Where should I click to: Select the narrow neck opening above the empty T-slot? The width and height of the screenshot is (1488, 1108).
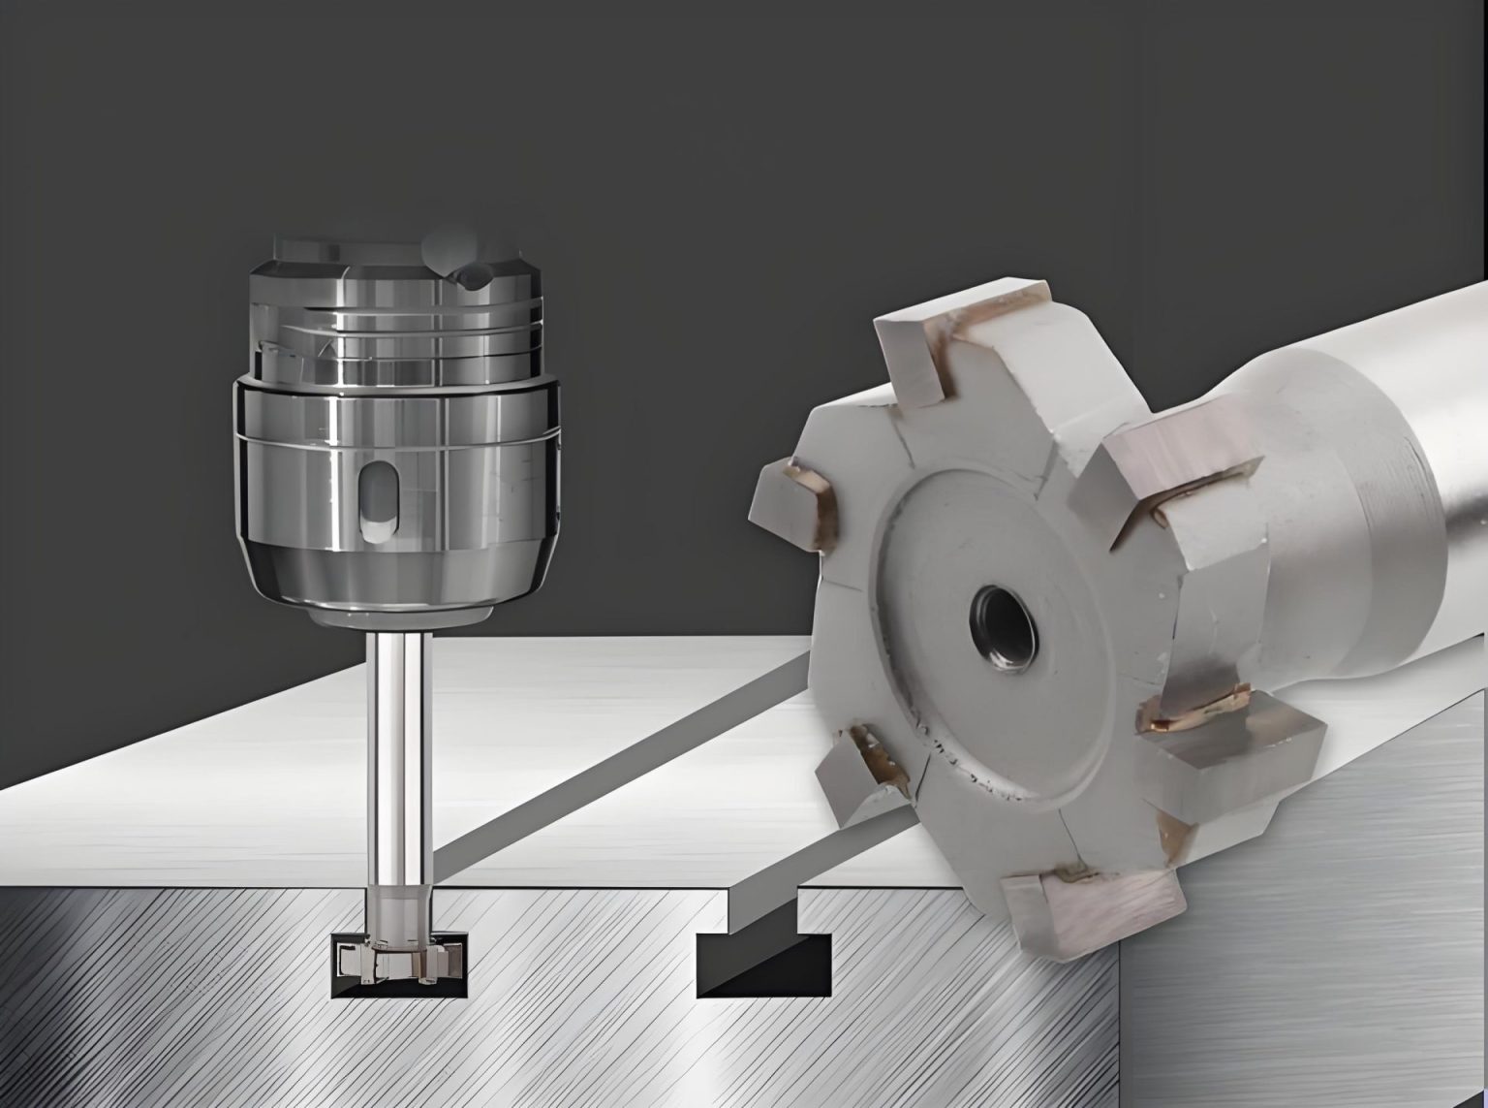pos(762,911)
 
